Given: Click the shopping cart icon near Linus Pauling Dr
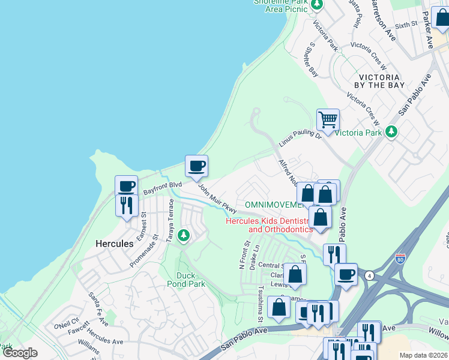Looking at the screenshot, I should [x=328, y=119].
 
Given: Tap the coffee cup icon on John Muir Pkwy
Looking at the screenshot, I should [x=196, y=166].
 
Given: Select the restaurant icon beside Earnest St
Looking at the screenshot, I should [x=127, y=205].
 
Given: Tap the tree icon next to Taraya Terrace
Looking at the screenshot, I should [x=184, y=235].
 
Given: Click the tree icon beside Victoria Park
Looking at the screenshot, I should [x=391, y=131].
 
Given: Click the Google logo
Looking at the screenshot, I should [x=20, y=353].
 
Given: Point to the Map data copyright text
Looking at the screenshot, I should [x=423, y=355].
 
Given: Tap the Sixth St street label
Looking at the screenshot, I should [x=406, y=25].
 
